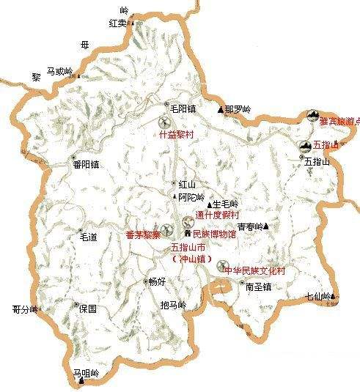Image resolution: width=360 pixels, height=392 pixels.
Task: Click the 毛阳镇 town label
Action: click(x=183, y=108)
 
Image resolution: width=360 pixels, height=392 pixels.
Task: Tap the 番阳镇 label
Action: click(x=86, y=165)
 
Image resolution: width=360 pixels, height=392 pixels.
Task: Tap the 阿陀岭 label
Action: click(x=189, y=196)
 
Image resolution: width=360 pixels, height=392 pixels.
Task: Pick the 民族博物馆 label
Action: click(x=213, y=235)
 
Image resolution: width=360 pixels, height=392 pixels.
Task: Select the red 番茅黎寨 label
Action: click(x=143, y=235)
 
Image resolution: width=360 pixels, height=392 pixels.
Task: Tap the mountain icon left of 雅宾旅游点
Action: click(x=312, y=117)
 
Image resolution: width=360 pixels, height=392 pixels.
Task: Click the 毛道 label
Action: click(x=89, y=237)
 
